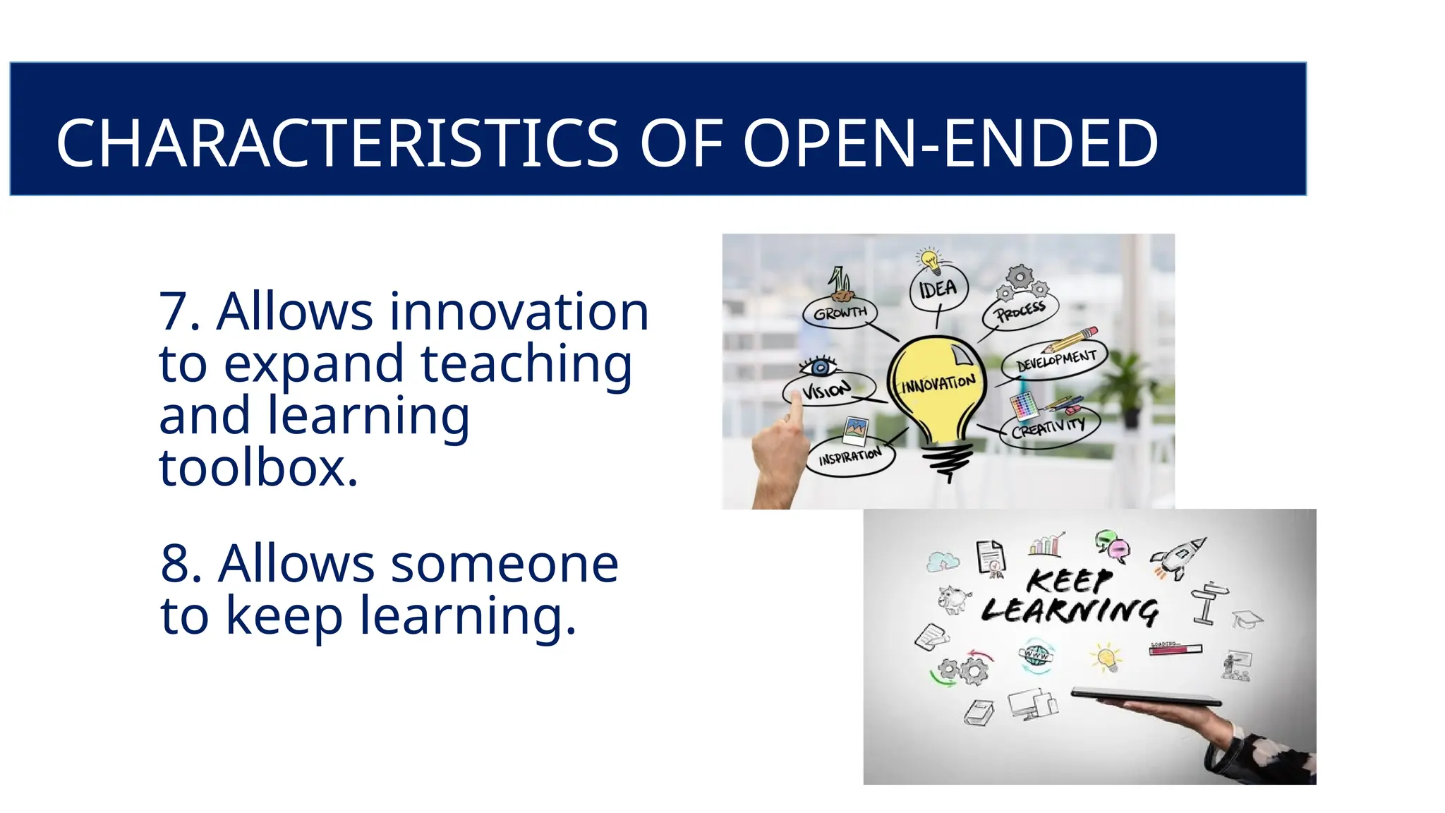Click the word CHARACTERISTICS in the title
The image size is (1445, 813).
[337, 143]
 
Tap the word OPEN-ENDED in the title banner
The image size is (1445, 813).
[950, 143]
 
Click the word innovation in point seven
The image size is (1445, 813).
[519, 311]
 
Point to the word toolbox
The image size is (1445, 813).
[258, 468]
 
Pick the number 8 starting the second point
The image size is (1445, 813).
[176, 564]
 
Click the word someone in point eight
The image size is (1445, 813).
[504, 564]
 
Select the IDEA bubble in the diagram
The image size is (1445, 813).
[938, 288]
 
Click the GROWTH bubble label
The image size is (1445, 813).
[840, 313]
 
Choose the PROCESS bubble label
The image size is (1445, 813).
[1020, 311]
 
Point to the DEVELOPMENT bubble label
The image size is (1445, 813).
[1056, 361]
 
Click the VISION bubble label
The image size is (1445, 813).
[827, 390]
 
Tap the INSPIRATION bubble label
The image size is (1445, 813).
[850, 457]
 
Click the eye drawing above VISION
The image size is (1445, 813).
[819, 367]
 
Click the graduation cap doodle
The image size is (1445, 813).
[1247, 620]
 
